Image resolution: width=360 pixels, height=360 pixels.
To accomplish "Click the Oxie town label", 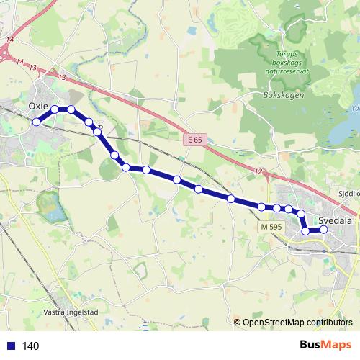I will [37, 105].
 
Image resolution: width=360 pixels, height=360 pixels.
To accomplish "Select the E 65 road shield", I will [192, 140].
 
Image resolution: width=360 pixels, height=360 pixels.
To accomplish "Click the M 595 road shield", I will [271, 227].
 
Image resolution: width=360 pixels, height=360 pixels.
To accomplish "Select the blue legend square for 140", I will [10, 346].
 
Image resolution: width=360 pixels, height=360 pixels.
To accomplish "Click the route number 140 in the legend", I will [31, 346].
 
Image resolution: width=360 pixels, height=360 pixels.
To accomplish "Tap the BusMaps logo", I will [325, 346].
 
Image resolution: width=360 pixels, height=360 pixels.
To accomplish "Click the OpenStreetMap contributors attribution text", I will [297, 323].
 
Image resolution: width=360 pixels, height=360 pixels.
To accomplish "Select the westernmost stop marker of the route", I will [36, 122].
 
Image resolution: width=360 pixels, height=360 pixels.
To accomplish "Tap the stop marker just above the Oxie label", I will [55, 109].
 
